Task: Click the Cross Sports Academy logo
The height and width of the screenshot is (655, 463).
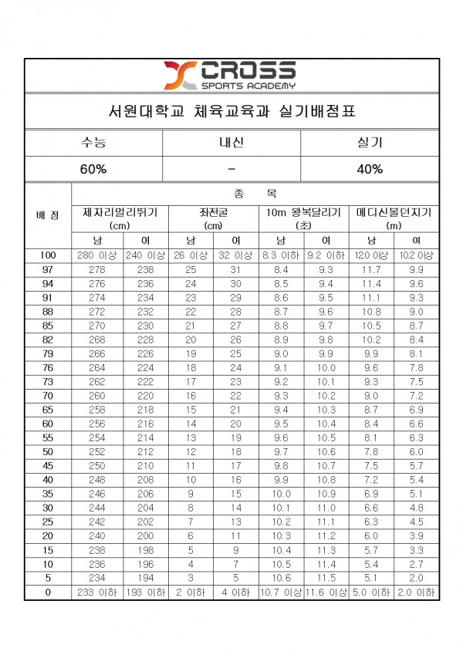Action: point(229,75)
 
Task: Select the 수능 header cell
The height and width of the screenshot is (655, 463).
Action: point(94,143)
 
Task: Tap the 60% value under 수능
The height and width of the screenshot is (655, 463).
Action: point(94,169)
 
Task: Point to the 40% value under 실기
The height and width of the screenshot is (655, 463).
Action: point(368,169)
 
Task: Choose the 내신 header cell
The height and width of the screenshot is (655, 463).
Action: point(231,143)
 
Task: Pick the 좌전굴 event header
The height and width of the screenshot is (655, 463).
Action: point(213,212)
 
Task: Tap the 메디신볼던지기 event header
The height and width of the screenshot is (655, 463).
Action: point(394,212)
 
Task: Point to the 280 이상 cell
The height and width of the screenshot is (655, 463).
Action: point(97,255)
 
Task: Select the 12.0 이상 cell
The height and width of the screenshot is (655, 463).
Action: point(371,255)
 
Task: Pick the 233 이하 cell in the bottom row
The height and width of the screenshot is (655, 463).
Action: point(97,593)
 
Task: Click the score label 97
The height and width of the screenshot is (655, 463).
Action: point(48,270)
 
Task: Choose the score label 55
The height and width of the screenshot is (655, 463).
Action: point(48,437)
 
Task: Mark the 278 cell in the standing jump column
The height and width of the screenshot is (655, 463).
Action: point(97,270)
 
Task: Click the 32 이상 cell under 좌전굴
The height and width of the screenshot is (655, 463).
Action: point(235,255)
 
